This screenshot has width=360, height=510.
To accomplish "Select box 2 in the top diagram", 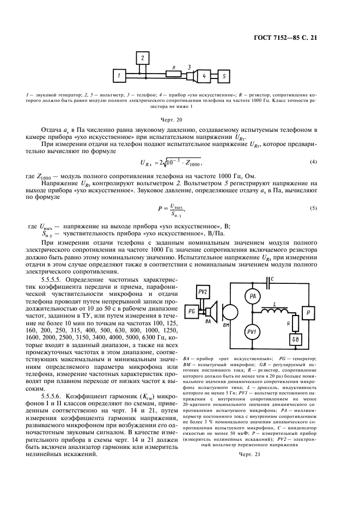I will coord(142,57).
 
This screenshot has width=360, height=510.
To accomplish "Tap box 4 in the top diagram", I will coord(204,75).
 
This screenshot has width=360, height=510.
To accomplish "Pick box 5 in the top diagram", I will coord(224,75).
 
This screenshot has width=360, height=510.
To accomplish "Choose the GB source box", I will coord(297,341).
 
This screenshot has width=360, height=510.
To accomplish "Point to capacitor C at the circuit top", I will coord(270,282).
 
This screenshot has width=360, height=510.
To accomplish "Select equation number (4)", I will coord(313,162).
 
